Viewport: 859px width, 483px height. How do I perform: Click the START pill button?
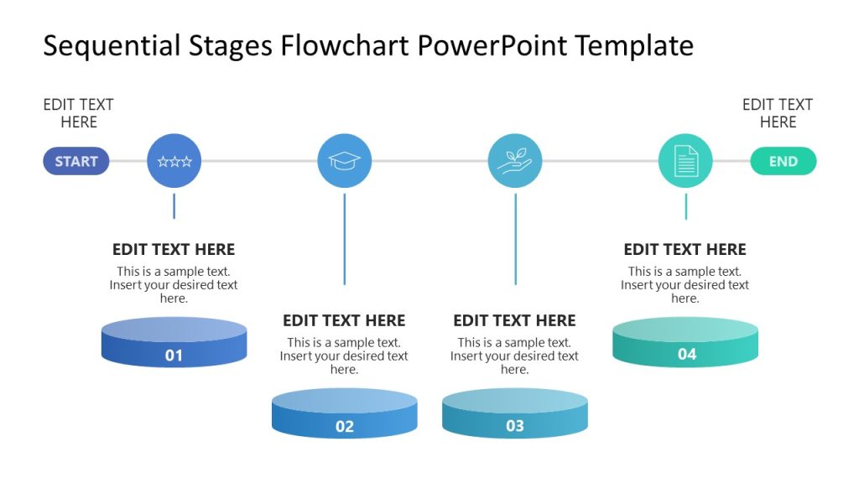tap(76, 161)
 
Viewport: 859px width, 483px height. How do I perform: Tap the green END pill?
tap(783, 161)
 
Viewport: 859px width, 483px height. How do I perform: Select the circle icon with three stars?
tap(174, 161)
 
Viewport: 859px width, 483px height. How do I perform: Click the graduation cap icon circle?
tap(344, 161)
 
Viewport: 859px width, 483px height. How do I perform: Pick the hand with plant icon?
tap(515, 161)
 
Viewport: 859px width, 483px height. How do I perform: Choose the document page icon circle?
tap(685, 161)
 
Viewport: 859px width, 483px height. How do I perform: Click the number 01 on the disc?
tap(174, 356)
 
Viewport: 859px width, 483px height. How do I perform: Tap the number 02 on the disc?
tap(345, 427)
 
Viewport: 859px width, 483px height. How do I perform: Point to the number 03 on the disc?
tap(515, 426)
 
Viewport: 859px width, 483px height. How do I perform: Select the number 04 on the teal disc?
tap(687, 355)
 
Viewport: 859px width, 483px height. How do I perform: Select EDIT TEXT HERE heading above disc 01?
tap(174, 249)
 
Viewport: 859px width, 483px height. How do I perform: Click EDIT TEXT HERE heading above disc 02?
tap(344, 320)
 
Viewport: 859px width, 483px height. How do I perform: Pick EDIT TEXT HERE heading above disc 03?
tap(514, 320)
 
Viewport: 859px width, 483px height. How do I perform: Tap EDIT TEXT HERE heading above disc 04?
tap(685, 249)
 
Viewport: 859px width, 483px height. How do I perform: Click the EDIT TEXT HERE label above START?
tap(78, 113)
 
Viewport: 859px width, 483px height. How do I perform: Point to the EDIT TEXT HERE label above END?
tap(778, 113)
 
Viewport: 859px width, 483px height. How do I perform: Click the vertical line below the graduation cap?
tap(344, 239)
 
